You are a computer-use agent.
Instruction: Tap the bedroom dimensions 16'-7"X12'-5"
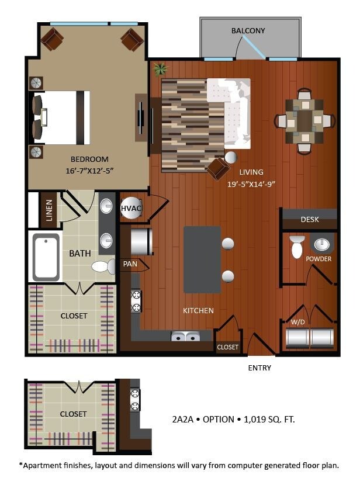click(89, 171)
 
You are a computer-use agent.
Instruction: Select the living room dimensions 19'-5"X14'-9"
click(251, 183)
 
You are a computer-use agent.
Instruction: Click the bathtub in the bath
click(46, 257)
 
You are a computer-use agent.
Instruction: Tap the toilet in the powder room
click(297, 247)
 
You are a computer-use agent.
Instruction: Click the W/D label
click(298, 322)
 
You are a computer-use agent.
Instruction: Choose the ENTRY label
click(259, 368)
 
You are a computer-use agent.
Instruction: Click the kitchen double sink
click(185, 337)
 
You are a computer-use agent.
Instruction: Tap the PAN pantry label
click(129, 264)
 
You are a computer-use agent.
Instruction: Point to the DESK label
click(310, 220)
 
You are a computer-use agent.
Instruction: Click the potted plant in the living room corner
click(159, 70)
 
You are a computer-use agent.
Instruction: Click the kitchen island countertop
click(202, 259)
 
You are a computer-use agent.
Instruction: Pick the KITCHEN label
click(198, 310)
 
